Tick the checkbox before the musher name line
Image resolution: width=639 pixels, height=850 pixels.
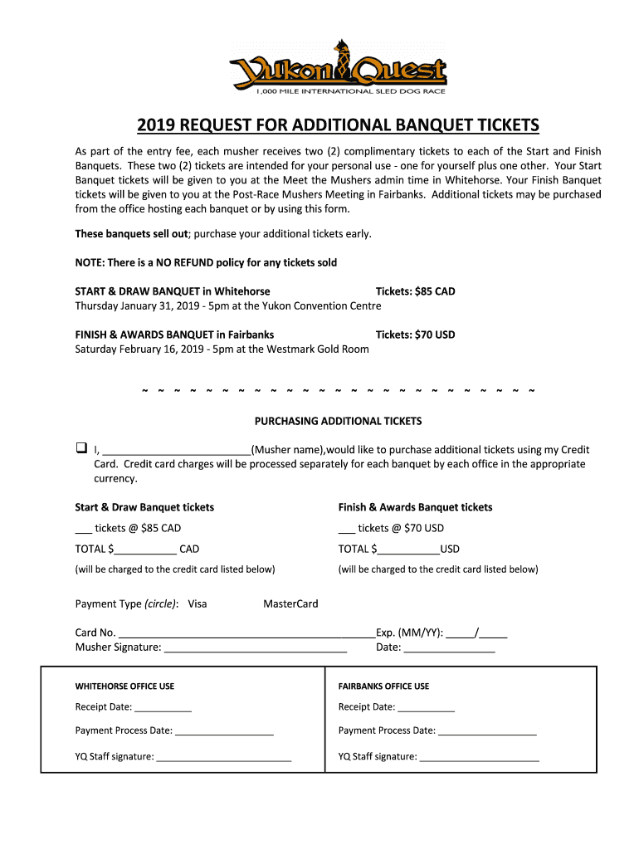tap(81, 448)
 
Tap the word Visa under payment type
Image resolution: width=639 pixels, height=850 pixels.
tap(198, 603)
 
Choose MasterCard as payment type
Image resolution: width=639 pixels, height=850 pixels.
tap(290, 603)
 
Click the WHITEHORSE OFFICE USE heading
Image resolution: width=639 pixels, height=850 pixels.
tap(124, 686)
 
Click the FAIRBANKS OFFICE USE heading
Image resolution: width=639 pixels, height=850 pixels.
tap(383, 686)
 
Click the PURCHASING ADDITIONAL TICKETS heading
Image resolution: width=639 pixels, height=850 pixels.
tap(338, 421)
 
